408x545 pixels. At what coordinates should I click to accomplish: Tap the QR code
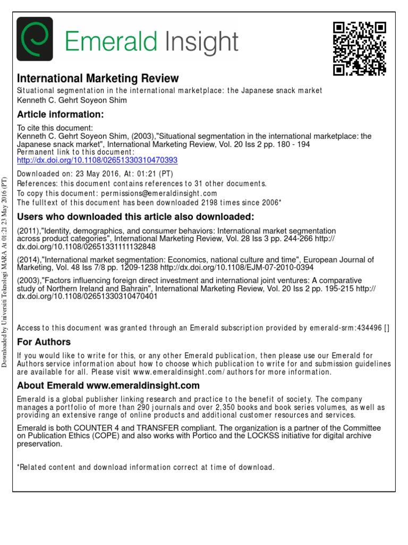[x=359, y=48]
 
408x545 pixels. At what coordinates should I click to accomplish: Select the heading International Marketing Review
[x=98, y=78]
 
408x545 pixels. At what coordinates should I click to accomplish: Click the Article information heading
[x=61, y=114]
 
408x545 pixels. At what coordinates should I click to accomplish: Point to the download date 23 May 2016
[x=80, y=174]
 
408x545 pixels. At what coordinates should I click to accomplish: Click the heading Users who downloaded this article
[x=136, y=217]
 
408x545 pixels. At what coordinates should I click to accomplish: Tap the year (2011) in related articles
[x=29, y=231]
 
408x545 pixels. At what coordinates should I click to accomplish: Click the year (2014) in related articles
[x=29, y=260]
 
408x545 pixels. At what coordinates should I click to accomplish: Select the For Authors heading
[x=44, y=342]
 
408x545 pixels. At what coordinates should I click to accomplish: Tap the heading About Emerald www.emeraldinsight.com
[x=108, y=385]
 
